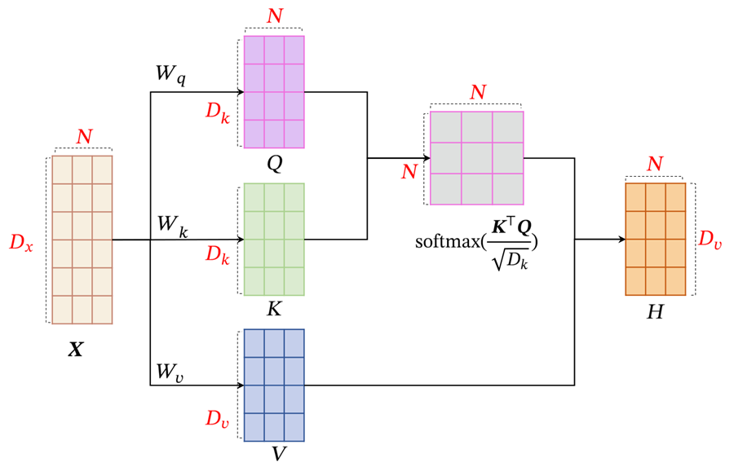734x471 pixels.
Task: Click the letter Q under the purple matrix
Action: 274,163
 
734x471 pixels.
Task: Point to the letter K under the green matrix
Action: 274,310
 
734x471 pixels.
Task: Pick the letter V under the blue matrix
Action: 278,454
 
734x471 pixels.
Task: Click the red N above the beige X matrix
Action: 84,137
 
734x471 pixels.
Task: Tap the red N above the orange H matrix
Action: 654,165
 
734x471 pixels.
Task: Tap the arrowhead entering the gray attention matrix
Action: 427,158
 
